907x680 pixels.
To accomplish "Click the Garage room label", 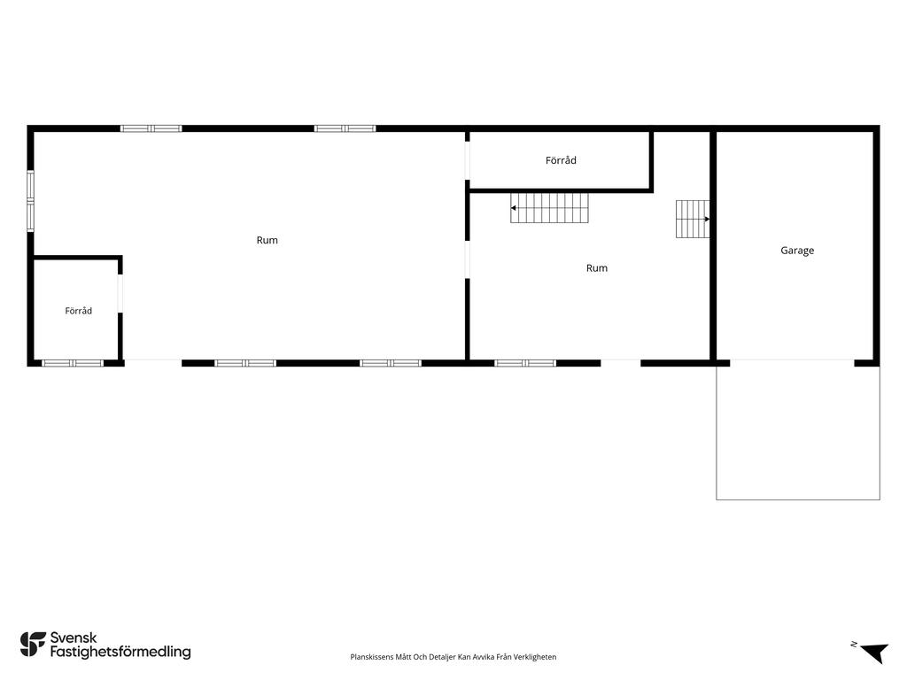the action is point(797,251).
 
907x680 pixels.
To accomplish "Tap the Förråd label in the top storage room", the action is point(561,160).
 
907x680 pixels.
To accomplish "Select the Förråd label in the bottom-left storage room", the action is point(78,311).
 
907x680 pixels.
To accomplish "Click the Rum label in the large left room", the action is point(267,240).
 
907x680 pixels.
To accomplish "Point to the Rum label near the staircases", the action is point(596,267).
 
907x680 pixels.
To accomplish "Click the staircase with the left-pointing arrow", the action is point(549,208).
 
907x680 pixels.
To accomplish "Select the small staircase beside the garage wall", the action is point(693,220).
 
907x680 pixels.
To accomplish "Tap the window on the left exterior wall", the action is point(31,201).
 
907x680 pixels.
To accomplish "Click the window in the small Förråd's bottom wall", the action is point(73,363).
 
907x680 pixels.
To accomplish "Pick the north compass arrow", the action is point(875,653).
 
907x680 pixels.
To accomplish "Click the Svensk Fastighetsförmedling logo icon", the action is point(33,645).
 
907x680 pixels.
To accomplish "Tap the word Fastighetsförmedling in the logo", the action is point(120,653).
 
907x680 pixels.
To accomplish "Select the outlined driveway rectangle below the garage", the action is point(798,432).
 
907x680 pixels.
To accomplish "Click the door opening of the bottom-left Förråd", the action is point(120,293).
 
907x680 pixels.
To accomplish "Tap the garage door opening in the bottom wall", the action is point(792,363).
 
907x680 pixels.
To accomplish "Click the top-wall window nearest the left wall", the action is point(151,128).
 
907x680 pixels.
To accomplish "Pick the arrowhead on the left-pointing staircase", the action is point(513,207).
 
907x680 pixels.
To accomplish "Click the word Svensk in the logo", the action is point(74,637).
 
